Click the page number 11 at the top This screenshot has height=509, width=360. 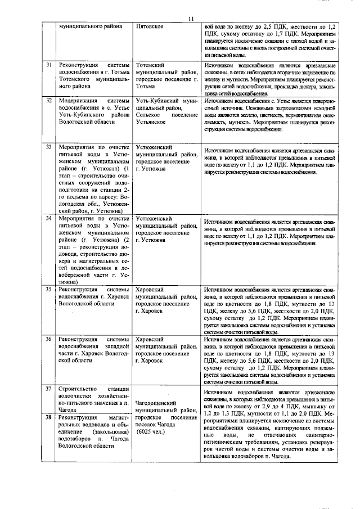[191, 19]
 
